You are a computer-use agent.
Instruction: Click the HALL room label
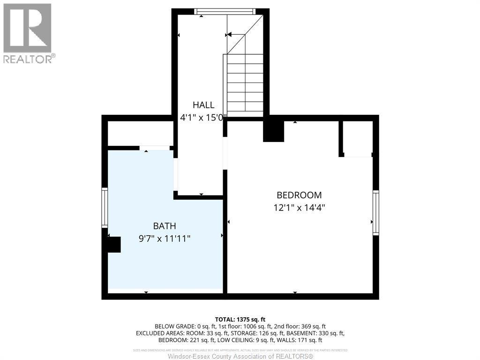203,105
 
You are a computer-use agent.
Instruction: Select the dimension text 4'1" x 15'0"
203,118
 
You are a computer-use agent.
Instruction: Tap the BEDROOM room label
299,195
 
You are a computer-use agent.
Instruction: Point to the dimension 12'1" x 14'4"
299,207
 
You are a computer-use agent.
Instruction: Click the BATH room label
165,226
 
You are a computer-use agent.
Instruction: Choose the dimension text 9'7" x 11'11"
165,239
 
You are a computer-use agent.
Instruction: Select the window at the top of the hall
225,12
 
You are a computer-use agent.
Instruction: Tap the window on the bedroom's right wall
375,212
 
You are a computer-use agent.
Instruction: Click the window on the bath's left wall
105,207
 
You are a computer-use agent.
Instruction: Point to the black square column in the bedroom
274,131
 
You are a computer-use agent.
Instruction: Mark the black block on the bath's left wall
113,245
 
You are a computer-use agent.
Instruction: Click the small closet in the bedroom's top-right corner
357,138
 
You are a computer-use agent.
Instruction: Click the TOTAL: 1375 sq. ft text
240,318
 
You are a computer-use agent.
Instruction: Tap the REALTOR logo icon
27,28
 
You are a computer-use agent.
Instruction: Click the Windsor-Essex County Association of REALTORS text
240,356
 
